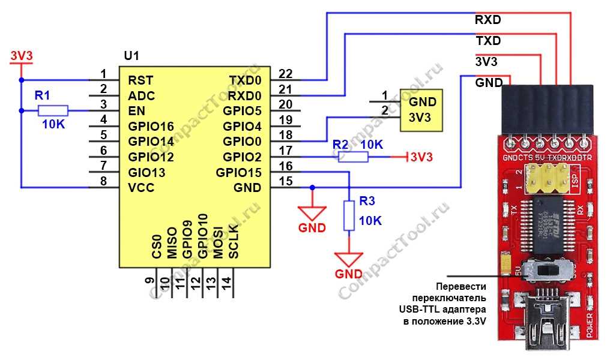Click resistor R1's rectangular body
(x=53, y=110)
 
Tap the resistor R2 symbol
(x=352, y=157)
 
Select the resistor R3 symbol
(x=349, y=216)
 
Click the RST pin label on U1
(x=140, y=80)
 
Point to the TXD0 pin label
(x=245, y=80)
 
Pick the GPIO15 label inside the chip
(x=238, y=173)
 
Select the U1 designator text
(x=131, y=56)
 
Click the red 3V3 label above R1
(x=21, y=56)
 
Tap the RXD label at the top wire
(x=488, y=20)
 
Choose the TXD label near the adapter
(x=488, y=41)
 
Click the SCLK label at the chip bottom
(x=234, y=242)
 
